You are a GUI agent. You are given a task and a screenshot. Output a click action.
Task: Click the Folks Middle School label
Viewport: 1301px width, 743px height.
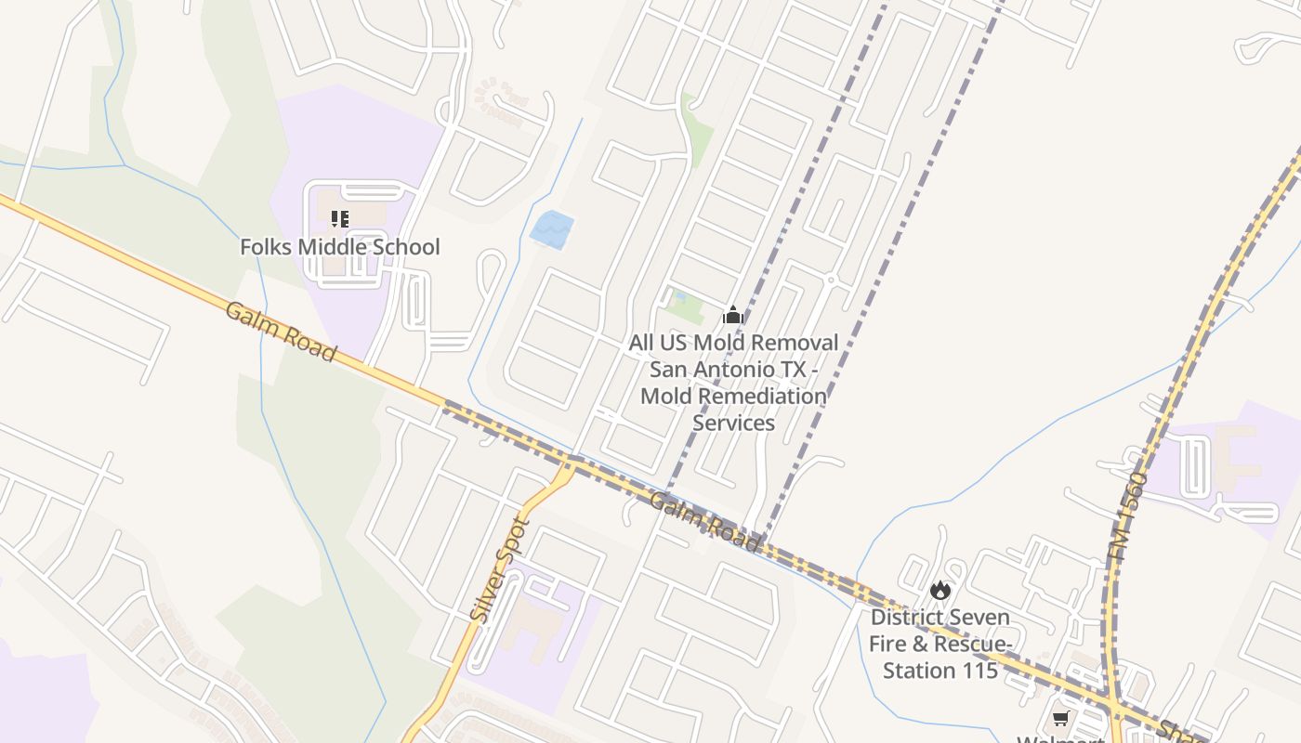(340, 247)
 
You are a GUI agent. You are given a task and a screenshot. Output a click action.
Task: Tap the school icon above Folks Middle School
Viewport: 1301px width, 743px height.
(340, 219)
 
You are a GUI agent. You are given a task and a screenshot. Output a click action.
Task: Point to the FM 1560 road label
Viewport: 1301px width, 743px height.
(1128, 515)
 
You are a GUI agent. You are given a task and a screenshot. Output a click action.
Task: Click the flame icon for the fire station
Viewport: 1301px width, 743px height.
(940, 590)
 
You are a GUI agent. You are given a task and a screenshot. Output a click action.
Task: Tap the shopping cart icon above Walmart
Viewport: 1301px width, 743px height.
(1060, 719)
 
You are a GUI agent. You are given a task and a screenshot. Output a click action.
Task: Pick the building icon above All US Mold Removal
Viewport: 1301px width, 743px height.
(733, 315)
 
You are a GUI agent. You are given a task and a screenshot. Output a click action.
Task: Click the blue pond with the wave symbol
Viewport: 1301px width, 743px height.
(551, 229)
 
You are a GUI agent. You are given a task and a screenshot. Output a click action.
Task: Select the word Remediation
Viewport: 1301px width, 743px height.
(761, 396)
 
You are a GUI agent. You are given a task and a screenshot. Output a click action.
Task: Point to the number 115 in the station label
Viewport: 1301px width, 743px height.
(979, 671)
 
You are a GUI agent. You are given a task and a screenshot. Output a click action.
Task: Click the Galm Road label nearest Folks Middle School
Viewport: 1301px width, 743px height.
(281, 331)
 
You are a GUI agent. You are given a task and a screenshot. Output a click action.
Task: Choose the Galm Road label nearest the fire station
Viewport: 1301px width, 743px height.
(704, 521)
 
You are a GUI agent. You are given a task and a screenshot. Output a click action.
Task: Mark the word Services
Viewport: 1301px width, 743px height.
(734, 423)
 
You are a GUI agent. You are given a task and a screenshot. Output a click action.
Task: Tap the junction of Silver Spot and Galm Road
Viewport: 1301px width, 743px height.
(568, 461)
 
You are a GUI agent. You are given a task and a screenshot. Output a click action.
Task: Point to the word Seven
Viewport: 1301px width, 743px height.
(981, 617)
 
